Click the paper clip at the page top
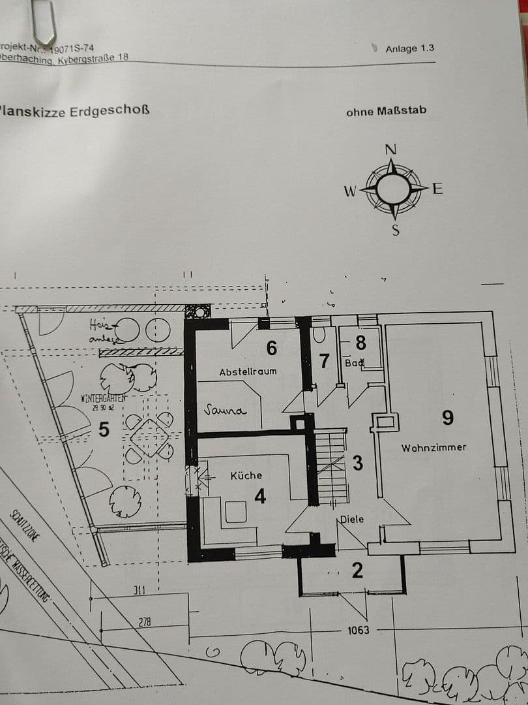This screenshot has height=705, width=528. [x=45, y=23]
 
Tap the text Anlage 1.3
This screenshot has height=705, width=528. [x=409, y=48]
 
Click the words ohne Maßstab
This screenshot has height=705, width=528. [x=386, y=111]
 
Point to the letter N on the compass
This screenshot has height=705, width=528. [x=390, y=149]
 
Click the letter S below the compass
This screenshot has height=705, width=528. [x=395, y=230]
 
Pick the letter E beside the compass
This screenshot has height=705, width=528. [x=437, y=189]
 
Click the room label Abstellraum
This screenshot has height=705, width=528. [x=248, y=371]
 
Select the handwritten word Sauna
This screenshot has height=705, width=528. [x=224, y=410]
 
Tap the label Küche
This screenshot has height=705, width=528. [x=246, y=476]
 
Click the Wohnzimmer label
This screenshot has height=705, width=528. [x=433, y=448]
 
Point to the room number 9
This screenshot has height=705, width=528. [x=447, y=418]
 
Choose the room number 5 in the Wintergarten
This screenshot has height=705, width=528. [x=103, y=430]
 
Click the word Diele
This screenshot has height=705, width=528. [x=351, y=520]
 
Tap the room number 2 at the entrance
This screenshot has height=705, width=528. [x=357, y=570]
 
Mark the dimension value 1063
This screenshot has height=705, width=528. [x=358, y=630]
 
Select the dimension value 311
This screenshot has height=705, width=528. [x=139, y=590]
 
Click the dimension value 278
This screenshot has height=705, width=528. [x=144, y=622]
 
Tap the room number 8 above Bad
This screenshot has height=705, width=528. [x=360, y=341]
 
